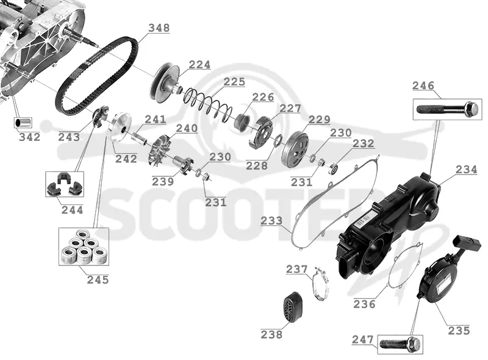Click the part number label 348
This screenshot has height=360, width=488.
point(159,28)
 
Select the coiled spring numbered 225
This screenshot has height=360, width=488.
point(207,104)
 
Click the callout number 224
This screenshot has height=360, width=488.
point(200,65)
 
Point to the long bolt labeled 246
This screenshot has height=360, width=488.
point(448,109)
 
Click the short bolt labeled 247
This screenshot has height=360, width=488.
point(400,344)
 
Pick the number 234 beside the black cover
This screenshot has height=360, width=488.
point(466,170)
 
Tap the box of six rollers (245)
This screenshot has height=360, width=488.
point(84,247)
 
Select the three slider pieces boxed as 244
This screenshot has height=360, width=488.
point(65,184)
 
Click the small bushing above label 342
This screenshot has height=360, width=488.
point(23,123)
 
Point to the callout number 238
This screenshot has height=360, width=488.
point(271,334)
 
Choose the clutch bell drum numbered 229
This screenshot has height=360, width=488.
point(295,149)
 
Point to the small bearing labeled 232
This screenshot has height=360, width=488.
point(334,168)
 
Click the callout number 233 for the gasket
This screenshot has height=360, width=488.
point(271,221)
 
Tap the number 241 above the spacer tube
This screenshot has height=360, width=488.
point(156,119)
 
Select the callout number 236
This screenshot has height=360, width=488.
point(364,304)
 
